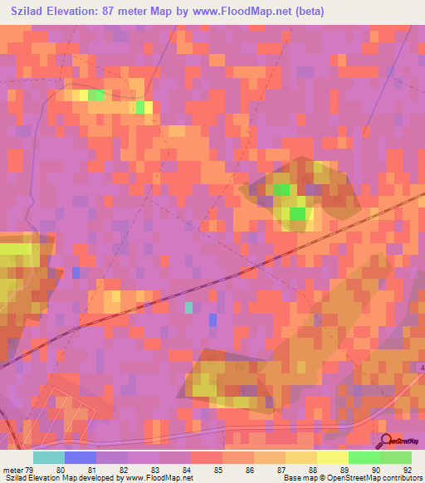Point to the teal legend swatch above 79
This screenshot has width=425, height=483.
[x=48, y=457]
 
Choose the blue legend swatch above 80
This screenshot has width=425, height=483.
[x=80, y=457]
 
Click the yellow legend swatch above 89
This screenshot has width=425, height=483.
[x=332, y=457]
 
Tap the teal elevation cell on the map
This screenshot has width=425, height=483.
[x=188, y=307]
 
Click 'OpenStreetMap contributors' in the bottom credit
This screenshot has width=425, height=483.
[x=376, y=478]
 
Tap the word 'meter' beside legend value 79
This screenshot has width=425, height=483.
[x=11, y=469]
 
